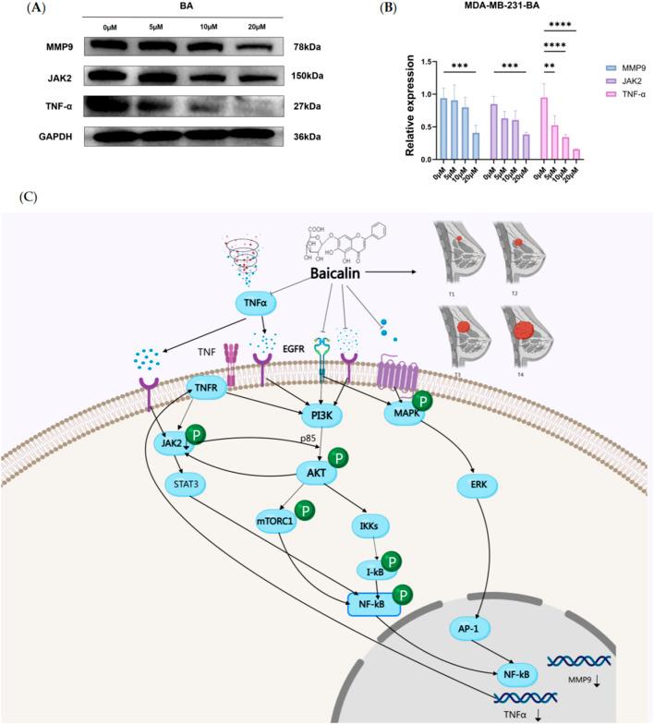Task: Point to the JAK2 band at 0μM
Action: (118, 77)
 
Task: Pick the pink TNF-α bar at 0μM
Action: (545, 128)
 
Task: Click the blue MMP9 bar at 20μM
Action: (475, 146)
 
